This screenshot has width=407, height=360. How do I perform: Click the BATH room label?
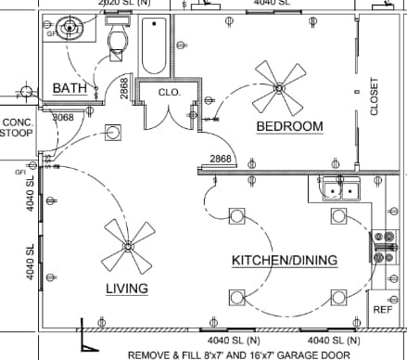70,88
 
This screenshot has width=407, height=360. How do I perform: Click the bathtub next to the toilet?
154,46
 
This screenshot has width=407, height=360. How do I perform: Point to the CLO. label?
169,93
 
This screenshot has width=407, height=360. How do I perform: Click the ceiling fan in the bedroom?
279,86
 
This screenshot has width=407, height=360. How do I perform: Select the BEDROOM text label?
289,126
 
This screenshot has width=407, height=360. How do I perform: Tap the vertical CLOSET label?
375,96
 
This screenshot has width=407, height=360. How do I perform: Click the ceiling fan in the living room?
127,246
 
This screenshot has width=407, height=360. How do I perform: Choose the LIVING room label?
127,289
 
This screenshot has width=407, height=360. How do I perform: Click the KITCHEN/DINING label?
284,261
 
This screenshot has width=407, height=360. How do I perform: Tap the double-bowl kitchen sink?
340,191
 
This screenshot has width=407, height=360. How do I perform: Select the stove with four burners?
382,248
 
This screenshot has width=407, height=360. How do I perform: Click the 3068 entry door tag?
62,118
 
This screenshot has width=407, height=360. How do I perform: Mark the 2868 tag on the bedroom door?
220,160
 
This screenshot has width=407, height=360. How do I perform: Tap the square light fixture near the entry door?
113,133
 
